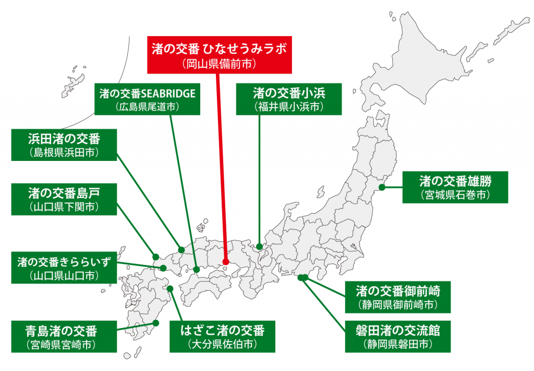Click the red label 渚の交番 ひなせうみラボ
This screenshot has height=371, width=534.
pyautogui.click(x=219, y=55)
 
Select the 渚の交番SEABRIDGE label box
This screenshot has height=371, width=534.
pyautogui.click(x=147, y=99)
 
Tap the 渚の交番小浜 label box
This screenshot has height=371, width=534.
pyautogui.click(x=289, y=99)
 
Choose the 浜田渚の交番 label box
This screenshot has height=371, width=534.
pyautogui.click(x=64, y=145)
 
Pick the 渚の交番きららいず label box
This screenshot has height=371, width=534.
pyautogui.click(x=64, y=267)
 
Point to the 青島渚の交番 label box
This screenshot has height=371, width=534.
pyautogui.click(x=64, y=337)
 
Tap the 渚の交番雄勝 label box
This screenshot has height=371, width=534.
pyautogui.click(x=455, y=188)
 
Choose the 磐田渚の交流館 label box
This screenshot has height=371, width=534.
pyautogui.click(x=398, y=337)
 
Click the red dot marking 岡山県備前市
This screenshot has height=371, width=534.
pyautogui.click(x=226, y=262)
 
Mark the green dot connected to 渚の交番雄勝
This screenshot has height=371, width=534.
pyautogui.click(x=382, y=187)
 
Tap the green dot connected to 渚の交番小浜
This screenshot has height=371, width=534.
pyautogui.click(x=259, y=246)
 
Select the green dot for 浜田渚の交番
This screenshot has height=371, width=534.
pyautogui.click(x=181, y=249)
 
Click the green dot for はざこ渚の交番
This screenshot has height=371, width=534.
pyautogui.click(x=170, y=288)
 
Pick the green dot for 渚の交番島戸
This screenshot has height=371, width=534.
pyautogui.click(x=155, y=257)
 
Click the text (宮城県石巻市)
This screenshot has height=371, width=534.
pyautogui.click(x=455, y=195)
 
